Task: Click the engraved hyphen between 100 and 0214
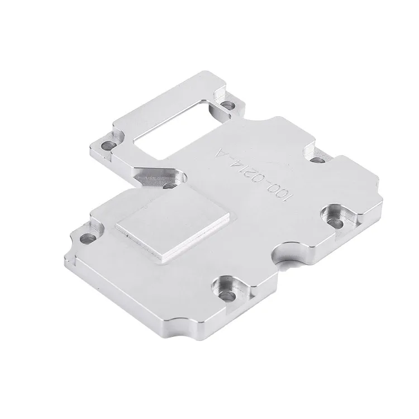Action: [269, 178]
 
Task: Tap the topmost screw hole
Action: [228, 104]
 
